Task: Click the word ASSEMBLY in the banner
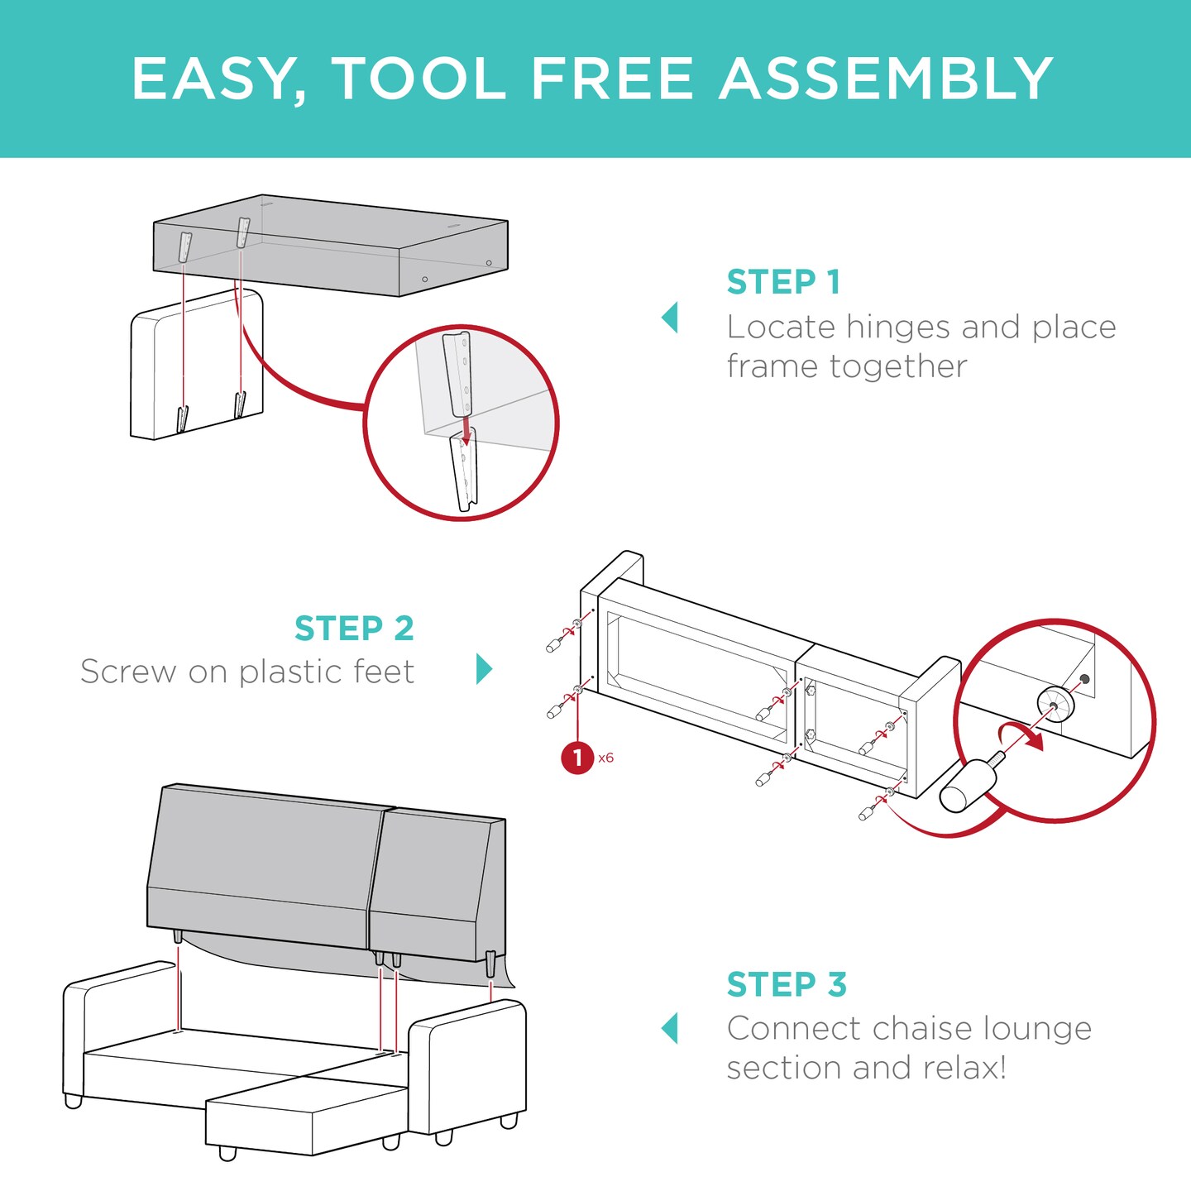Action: click(886, 79)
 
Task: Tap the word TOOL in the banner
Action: click(419, 79)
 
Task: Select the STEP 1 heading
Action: click(783, 282)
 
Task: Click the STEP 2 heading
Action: click(354, 629)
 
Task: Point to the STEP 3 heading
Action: click(787, 984)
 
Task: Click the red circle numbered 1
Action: click(577, 758)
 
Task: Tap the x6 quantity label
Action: click(606, 758)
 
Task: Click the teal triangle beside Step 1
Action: click(670, 318)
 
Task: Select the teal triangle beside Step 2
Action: click(485, 668)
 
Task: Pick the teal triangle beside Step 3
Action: click(670, 1028)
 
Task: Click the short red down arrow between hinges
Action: click(466, 430)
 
